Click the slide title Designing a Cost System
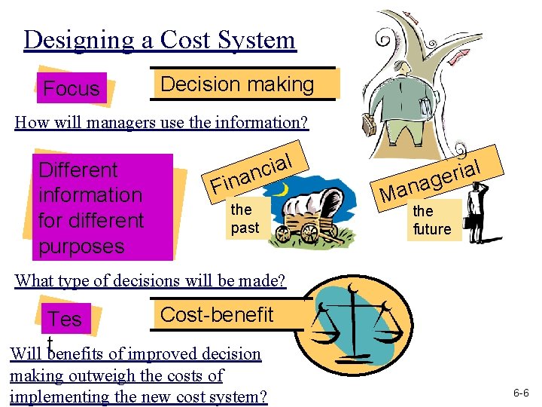[160, 39]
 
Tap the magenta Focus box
[72, 88]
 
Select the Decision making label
[237, 84]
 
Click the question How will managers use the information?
[161, 123]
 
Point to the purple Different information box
[91, 207]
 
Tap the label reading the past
[245, 218]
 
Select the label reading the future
[432, 220]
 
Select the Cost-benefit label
[218, 315]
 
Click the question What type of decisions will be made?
[151, 281]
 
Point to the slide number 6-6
[521, 393]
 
